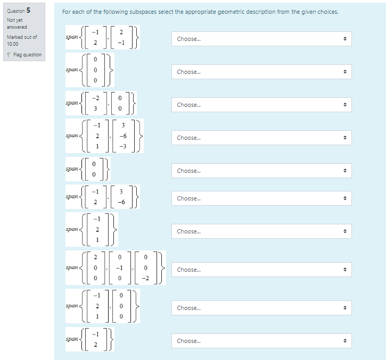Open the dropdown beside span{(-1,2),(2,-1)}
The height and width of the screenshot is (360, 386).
pyautogui.click(x=261, y=39)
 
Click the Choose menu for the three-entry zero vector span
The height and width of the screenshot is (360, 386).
pyautogui.click(x=261, y=72)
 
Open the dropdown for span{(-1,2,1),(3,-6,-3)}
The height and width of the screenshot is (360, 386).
pyautogui.click(x=261, y=138)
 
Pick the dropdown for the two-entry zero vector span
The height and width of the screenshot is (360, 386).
pyautogui.click(x=261, y=171)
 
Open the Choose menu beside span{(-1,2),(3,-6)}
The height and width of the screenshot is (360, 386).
pyautogui.click(x=261, y=199)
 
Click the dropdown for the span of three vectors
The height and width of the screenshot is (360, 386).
pyautogui.click(x=261, y=270)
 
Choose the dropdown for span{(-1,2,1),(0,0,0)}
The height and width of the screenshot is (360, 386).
pyautogui.click(x=261, y=308)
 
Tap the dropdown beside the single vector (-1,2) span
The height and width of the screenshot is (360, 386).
pyautogui.click(x=261, y=341)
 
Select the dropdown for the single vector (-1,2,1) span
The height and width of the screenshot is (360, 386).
pyautogui.click(x=261, y=232)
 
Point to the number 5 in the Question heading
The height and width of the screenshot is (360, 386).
pyautogui.click(x=28, y=10)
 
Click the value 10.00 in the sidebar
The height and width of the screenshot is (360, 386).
pyautogui.click(x=13, y=44)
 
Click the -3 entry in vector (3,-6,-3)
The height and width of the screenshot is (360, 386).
pyautogui.click(x=123, y=147)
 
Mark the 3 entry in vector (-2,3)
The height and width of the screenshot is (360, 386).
pyautogui.click(x=95, y=108)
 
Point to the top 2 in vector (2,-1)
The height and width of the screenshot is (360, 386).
pyautogui.click(x=121, y=32)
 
